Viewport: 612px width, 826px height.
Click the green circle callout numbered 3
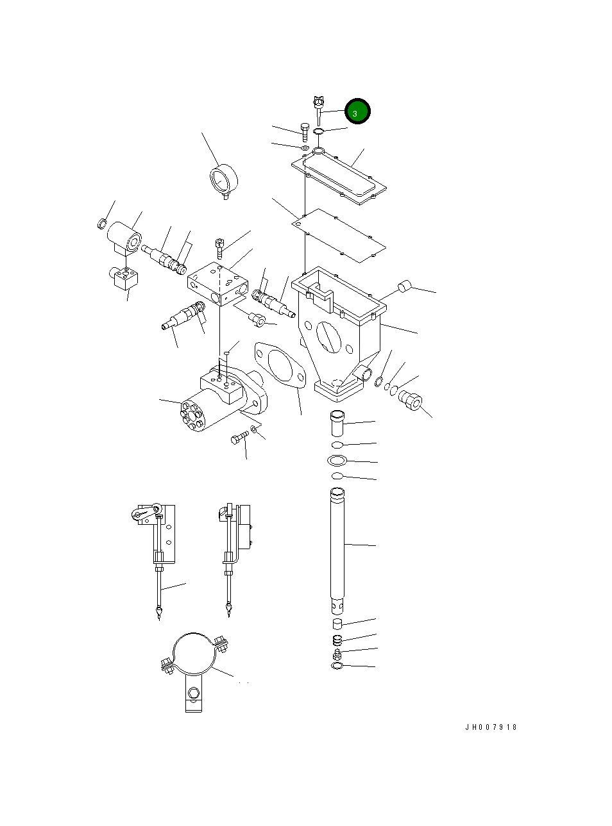(357, 112)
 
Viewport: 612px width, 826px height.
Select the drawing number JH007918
(491, 727)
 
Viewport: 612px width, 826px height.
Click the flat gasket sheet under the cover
(339, 235)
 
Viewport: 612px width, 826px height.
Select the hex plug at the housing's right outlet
(410, 402)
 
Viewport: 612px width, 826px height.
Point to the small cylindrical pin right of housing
(404, 286)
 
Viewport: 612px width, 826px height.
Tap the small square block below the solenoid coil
(124, 277)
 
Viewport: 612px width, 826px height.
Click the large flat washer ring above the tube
(337, 460)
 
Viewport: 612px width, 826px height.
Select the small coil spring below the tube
(337, 640)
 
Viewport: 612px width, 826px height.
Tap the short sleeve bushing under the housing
(337, 424)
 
